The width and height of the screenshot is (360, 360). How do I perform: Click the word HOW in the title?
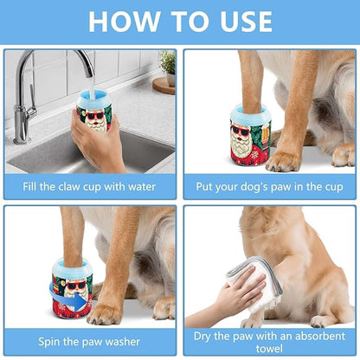tap(127, 21)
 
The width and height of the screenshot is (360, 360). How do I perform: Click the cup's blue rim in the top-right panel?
tap(250, 112)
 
